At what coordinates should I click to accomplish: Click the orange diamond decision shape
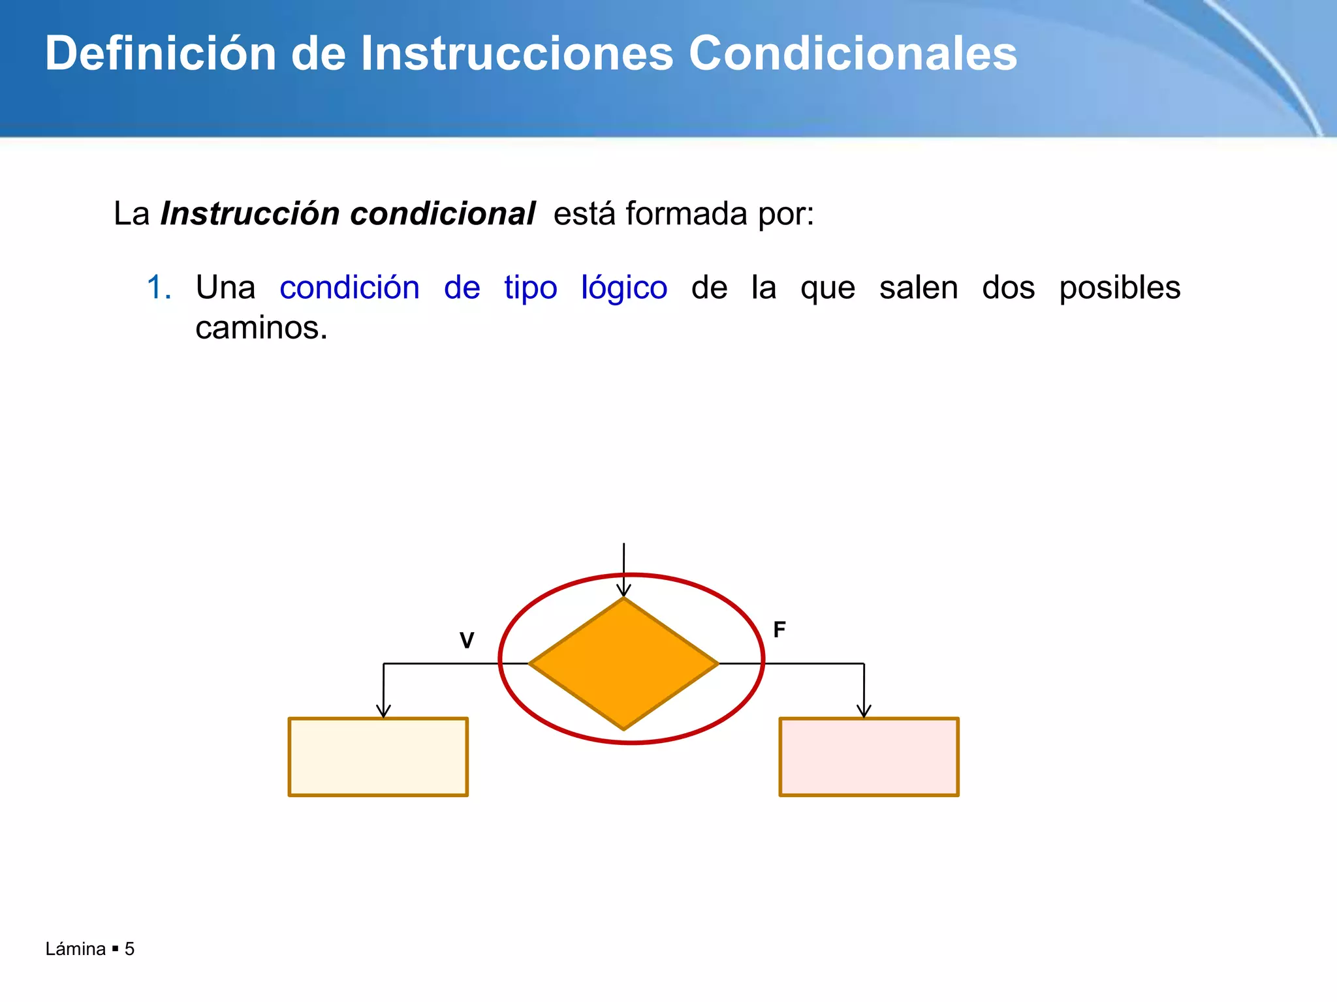point(623,663)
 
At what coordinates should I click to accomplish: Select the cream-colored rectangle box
point(378,757)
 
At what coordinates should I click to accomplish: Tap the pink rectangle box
point(869,757)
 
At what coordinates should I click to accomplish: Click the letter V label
point(467,641)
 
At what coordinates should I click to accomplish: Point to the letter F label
point(779,630)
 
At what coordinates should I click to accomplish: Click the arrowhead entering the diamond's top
point(623,590)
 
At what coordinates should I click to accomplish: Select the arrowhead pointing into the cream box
point(383,711)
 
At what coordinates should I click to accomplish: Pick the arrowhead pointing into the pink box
point(864,711)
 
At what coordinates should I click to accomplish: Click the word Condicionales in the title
point(853,53)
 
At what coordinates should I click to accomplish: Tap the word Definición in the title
point(161,53)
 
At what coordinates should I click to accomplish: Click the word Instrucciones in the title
point(516,53)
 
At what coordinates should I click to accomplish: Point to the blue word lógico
point(624,288)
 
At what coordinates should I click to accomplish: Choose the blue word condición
point(349,288)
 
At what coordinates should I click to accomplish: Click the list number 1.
point(159,288)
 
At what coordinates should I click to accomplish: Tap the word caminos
point(261,327)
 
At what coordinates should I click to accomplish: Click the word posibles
point(1120,288)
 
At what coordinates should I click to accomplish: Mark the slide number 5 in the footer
point(130,949)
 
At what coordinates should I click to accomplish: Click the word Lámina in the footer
point(76,949)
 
